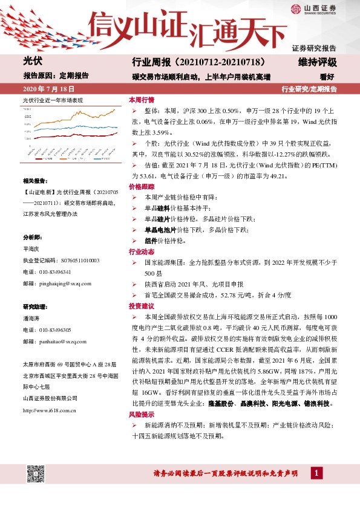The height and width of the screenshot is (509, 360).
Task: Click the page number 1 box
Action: coord(316,472)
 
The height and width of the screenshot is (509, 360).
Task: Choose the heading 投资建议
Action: coord(142,306)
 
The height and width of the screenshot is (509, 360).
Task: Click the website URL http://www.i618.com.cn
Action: coord(49,410)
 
